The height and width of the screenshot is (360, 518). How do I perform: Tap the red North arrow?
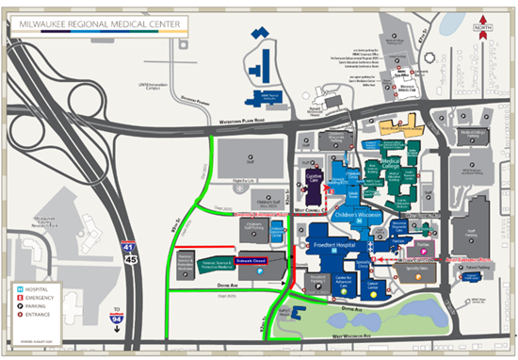point(484,26)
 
